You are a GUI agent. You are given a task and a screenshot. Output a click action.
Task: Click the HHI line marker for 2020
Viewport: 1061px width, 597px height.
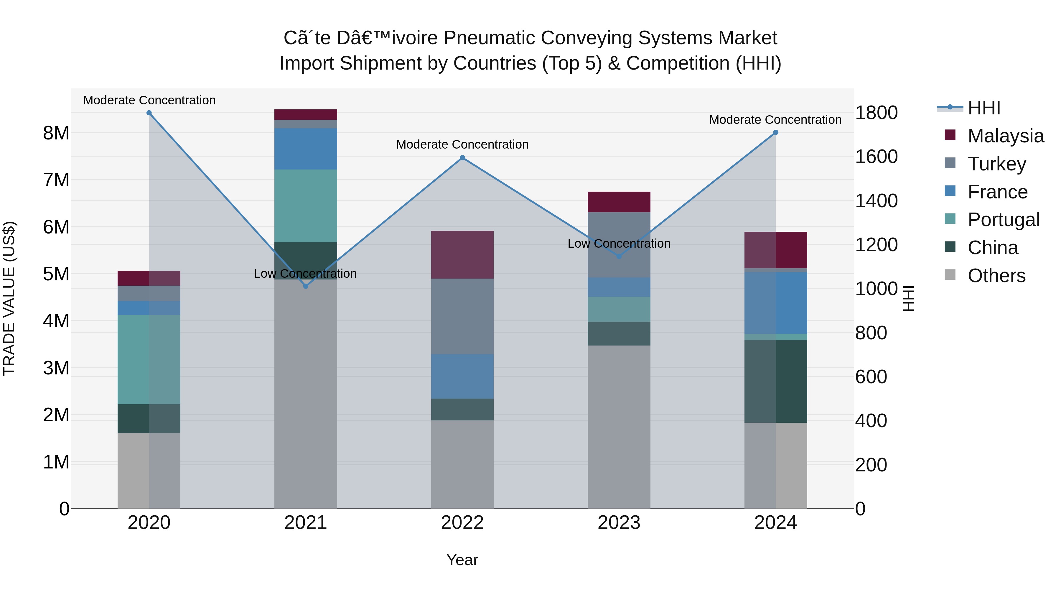click(x=149, y=113)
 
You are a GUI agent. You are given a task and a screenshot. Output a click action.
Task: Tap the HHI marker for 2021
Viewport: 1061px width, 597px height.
click(x=306, y=286)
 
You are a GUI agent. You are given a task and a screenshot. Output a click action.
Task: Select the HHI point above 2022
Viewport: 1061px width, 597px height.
click(x=462, y=158)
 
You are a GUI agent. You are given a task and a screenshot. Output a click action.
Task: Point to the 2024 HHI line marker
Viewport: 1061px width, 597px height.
click(x=776, y=133)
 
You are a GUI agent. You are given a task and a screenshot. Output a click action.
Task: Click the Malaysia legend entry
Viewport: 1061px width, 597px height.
click(x=1005, y=136)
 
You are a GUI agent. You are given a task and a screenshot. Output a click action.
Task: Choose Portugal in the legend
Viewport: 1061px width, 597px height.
click(x=1003, y=220)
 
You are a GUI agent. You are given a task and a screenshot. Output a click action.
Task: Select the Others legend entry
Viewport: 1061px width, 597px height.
click(x=996, y=276)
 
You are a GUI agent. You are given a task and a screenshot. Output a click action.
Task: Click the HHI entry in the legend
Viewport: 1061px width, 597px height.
click(x=983, y=108)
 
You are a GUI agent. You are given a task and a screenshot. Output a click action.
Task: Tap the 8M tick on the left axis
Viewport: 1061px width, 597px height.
click(x=56, y=133)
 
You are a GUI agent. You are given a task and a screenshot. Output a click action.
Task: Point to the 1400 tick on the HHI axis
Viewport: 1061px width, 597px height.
click(x=876, y=201)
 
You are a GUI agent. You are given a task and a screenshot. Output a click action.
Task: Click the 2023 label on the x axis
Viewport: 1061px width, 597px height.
click(x=619, y=523)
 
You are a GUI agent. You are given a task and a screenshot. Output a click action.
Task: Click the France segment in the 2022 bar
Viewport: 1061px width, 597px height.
click(x=462, y=376)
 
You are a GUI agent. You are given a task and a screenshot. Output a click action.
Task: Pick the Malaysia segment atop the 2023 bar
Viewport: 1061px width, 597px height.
click(x=619, y=202)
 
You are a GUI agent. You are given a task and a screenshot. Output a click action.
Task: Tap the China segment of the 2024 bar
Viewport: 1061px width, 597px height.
click(x=776, y=381)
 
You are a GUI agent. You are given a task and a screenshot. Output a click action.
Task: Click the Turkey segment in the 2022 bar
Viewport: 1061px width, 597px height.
click(x=462, y=316)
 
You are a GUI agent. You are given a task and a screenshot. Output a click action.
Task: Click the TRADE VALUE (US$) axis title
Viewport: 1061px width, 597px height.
click(x=9, y=298)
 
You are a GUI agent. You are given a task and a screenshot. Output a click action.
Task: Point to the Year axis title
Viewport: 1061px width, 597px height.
click(x=462, y=560)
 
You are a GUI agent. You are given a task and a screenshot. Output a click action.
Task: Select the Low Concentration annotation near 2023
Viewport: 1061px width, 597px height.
click(x=619, y=244)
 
